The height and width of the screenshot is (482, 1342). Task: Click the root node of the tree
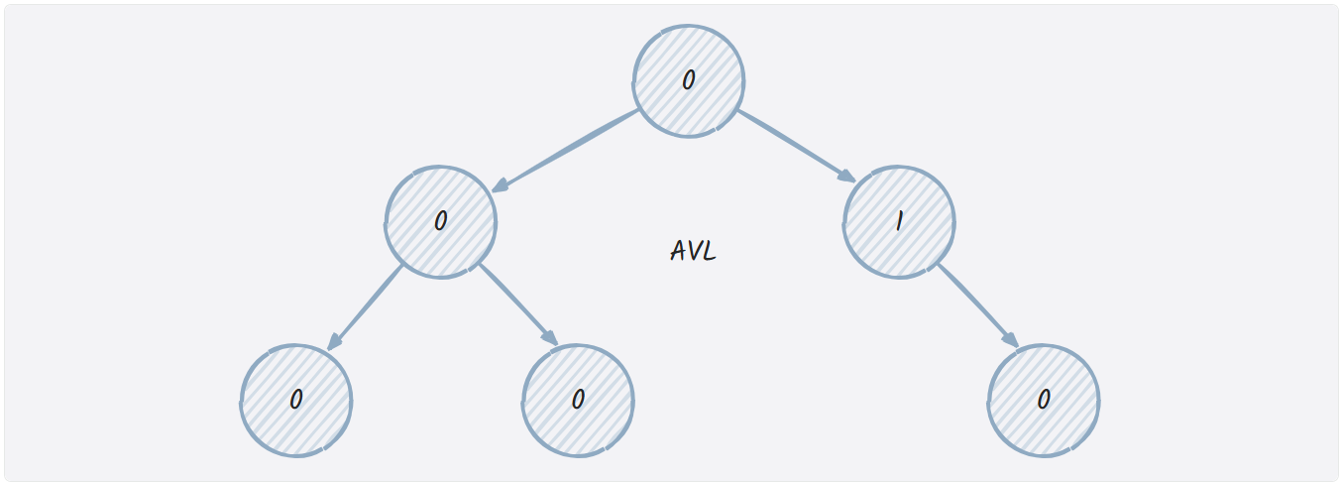tap(689, 80)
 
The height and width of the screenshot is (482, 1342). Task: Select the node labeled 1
tap(900, 221)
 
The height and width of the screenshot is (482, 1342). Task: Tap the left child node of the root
tap(441, 221)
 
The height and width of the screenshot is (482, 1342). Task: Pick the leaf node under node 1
tap(1044, 401)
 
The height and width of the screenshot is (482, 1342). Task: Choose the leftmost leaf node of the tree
tap(296, 401)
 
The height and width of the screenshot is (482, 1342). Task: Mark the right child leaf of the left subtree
tap(578, 401)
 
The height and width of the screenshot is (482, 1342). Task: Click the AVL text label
tap(693, 251)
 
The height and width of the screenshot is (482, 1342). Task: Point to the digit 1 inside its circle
tap(899, 221)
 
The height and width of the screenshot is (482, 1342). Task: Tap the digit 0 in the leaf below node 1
tap(1044, 400)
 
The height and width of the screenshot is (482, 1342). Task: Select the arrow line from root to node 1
tap(793, 145)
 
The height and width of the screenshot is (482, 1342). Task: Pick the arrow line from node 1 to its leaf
tap(976, 303)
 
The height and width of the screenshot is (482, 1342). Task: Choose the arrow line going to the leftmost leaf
tap(367, 306)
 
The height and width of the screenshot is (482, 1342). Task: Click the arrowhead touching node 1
tap(847, 177)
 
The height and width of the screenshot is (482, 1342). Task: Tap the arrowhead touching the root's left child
tap(501, 185)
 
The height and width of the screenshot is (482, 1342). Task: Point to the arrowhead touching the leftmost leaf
tap(334, 342)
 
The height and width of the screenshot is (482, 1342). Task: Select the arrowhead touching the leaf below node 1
tap(1010, 339)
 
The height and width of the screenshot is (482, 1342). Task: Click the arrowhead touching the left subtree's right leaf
tap(550, 338)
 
